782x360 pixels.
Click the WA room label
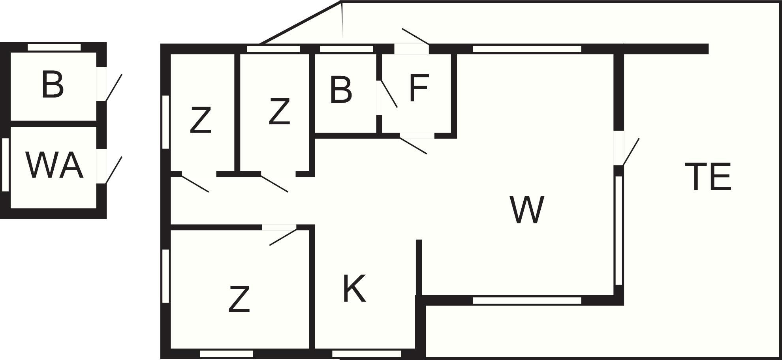55,165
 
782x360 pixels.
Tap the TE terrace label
708,176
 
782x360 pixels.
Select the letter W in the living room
527,209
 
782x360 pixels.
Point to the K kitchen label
354,289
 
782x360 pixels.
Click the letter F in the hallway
419,88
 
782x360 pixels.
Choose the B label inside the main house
340,90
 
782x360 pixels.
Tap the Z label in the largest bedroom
239,300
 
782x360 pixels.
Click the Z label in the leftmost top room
200,120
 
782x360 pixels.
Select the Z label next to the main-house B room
279,112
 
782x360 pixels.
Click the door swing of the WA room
114,170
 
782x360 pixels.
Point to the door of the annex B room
114,88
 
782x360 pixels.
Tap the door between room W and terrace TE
630,152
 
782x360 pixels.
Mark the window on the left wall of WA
6,165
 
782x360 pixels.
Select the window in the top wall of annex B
54,47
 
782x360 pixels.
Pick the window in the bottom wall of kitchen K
367,354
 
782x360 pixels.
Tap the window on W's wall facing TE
619,231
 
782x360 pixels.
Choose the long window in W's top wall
527,49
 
